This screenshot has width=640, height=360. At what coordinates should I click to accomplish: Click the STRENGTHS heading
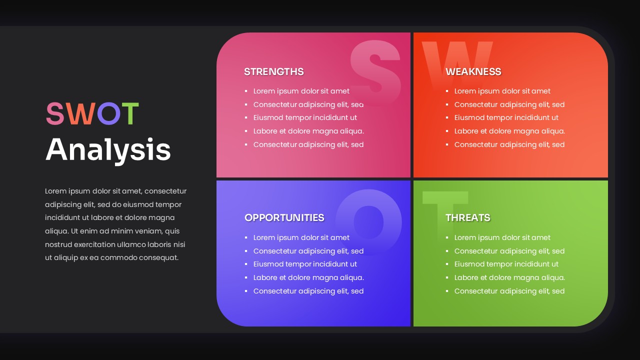point(273,71)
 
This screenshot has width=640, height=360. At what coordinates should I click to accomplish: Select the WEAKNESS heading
point(473,71)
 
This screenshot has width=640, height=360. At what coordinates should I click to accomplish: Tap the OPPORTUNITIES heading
point(284,217)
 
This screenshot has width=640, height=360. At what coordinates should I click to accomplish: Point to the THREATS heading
point(467,217)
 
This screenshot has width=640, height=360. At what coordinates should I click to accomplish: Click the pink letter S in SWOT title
point(55,114)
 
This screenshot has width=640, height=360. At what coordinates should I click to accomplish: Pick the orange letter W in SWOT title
point(80,114)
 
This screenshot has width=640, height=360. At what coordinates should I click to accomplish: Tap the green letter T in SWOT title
point(129,114)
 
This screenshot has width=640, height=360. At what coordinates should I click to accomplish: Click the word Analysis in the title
point(108,149)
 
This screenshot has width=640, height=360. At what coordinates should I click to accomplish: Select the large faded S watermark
point(375,67)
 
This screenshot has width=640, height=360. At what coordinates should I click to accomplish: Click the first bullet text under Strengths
point(301,91)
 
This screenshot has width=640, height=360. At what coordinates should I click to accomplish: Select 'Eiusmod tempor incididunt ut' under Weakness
point(506,117)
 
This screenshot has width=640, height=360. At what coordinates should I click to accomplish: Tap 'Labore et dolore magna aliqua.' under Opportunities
point(308,277)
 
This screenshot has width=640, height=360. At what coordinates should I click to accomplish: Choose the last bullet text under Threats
point(509,291)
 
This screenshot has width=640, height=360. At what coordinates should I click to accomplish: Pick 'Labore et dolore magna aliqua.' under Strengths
point(308,131)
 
